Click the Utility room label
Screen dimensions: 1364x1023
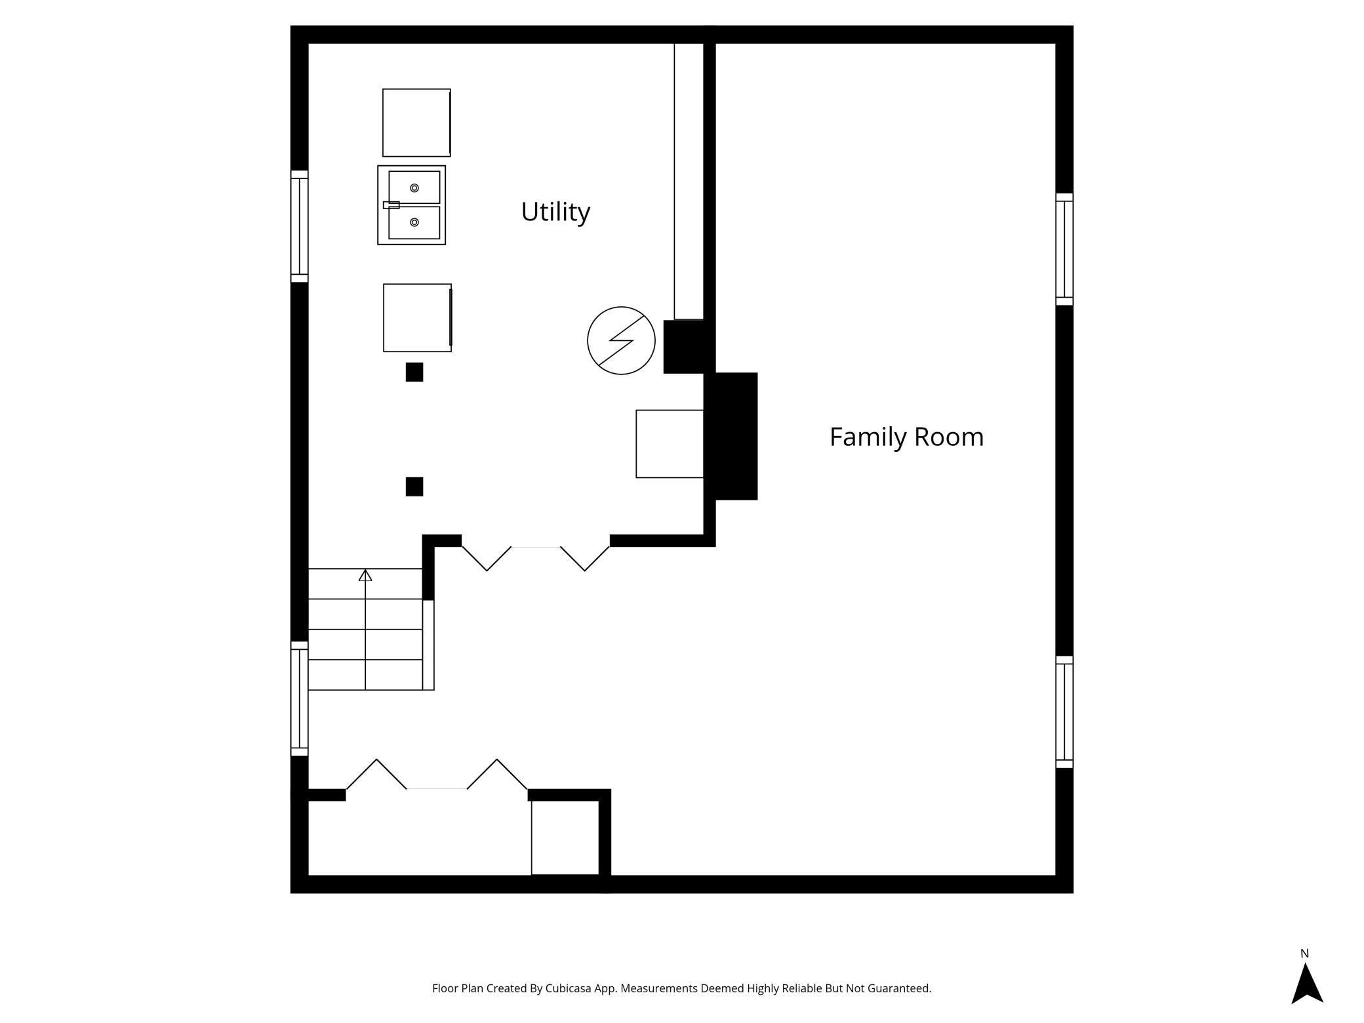pyautogui.click(x=555, y=212)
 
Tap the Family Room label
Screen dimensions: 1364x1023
pyautogui.click(x=906, y=437)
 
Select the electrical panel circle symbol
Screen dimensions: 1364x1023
pyautogui.click(x=621, y=340)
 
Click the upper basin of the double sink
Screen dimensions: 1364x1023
pyautogui.click(x=414, y=188)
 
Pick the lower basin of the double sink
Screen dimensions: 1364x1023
pyautogui.click(x=414, y=223)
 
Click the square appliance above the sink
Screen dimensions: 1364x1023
pyautogui.click(x=416, y=123)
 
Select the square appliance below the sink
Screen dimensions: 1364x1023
pyautogui.click(x=417, y=317)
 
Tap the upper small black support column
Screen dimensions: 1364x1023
pyautogui.click(x=414, y=372)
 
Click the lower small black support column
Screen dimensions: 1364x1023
pyautogui.click(x=414, y=487)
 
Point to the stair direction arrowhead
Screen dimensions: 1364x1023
pyautogui.click(x=365, y=575)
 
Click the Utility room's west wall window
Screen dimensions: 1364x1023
pyautogui.click(x=300, y=226)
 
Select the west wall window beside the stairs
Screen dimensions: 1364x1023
pyautogui.click(x=300, y=698)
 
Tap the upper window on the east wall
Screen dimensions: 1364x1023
pyautogui.click(x=1064, y=249)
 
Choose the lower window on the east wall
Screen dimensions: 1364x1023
pyautogui.click(x=1064, y=712)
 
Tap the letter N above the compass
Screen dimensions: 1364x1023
pyautogui.click(x=1304, y=953)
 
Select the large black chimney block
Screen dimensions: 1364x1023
pyautogui.click(x=731, y=436)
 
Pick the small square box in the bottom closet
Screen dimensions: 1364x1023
pyautogui.click(x=565, y=837)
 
